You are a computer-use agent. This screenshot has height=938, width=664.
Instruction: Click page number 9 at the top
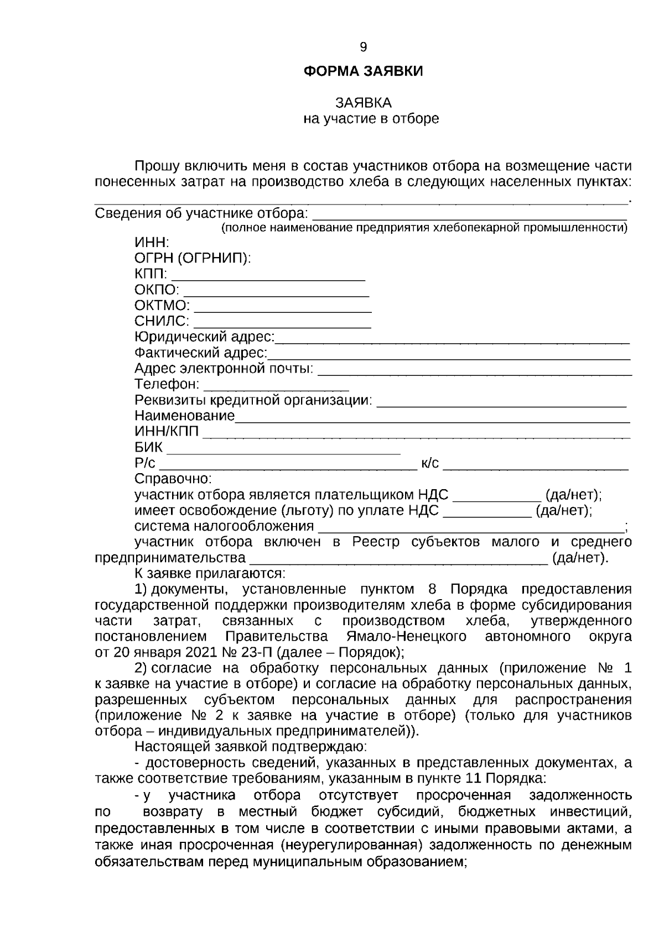pyautogui.click(x=363, y=48)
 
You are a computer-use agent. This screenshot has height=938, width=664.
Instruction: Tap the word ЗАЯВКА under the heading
pyautogui.click(x=363, y=103)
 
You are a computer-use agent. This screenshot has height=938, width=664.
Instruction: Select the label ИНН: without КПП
pyautogui.click(x=152, y=243)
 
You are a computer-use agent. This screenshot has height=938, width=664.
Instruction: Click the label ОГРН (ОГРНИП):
pyautogui.click(x=193, y=258)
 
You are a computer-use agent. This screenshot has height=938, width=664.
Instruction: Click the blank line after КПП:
pyautogui.click(x=268, y=275)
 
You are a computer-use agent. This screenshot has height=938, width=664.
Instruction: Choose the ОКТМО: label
pyautogui.click(x=162, y=306)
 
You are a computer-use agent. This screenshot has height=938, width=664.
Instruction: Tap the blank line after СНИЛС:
pyautogui.click(x=282, y=322)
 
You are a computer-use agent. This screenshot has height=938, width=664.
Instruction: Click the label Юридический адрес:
pyautogui.click(x=205, y=337)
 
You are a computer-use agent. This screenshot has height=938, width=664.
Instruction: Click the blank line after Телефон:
pyautogui.click(x=276, y=385)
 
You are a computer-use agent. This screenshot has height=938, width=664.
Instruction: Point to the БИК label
pyautogui.click(x=148, y=447)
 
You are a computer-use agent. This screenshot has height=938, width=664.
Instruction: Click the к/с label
pyautogui.click(x=430, y=463)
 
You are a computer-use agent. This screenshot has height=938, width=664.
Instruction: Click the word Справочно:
pyautogui.click(x=173, y=479)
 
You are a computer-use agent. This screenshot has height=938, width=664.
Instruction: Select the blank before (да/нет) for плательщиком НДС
pyautogui.click(x=496, y=495)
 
